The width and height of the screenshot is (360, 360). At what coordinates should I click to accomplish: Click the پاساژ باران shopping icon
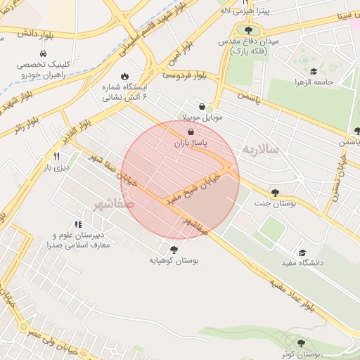[191, 131]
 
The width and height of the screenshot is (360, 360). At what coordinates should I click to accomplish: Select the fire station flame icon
[125, 76]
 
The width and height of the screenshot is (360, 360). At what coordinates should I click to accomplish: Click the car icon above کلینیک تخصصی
[44, 53]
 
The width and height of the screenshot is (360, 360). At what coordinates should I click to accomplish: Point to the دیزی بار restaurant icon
[56, 156]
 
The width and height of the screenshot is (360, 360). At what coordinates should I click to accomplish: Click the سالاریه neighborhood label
[261, 150]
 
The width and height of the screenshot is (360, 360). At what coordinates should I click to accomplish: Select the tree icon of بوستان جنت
[274, 193]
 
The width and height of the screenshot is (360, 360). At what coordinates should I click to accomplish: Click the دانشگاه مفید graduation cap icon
[302, 252]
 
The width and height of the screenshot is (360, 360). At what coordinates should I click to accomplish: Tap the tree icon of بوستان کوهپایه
[174, 249]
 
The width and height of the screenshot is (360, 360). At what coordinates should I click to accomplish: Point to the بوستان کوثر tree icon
[302, 343]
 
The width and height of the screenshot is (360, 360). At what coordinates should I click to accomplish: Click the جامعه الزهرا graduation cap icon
[313, 70]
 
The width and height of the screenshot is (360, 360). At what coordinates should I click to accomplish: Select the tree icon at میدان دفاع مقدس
[247, 30]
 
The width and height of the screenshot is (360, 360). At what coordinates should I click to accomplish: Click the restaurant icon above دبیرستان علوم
[77, 224]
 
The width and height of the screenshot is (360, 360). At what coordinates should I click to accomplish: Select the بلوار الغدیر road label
[82, 122]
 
